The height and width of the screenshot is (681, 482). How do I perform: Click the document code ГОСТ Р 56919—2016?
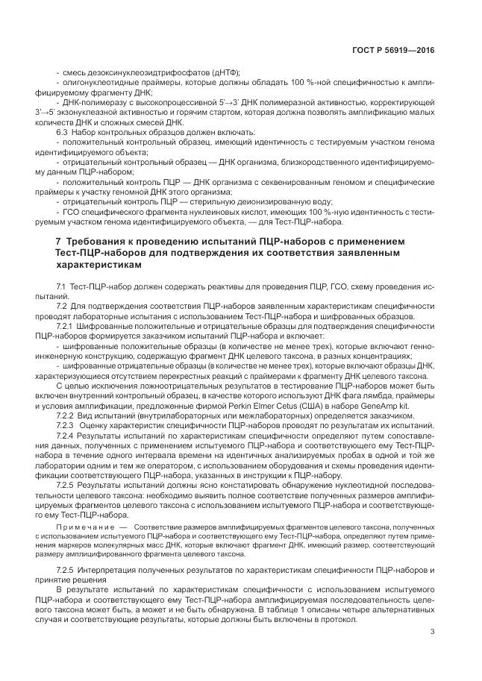tap(393, 50)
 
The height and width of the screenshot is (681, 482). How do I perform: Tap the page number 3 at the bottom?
tap(432, 633)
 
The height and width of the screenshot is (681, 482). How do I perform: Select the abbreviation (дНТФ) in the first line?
tap(224, 72)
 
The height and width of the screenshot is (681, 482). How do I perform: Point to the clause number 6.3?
tap(63, 131)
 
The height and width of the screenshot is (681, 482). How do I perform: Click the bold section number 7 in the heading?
tap(38, 242)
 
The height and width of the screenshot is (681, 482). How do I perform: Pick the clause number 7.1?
tap(62, 287)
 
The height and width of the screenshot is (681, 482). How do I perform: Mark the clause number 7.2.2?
tap(65, 414)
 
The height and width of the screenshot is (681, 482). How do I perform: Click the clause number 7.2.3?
tap(65, 424)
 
